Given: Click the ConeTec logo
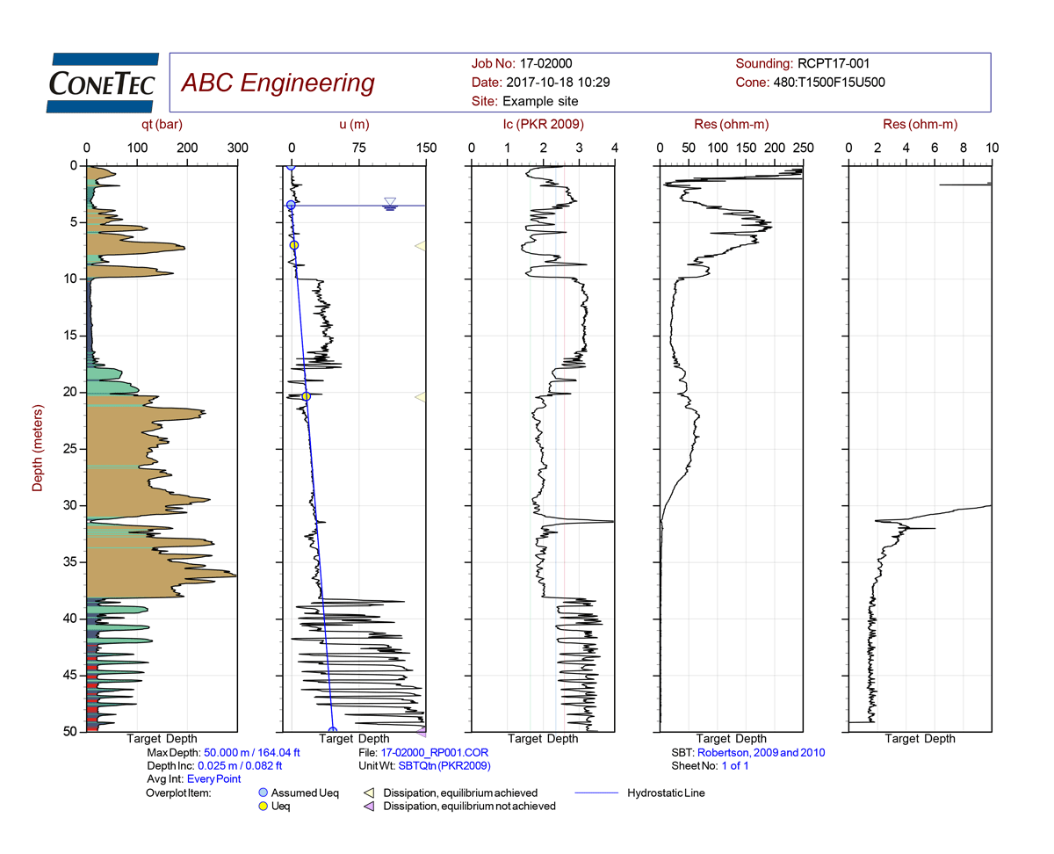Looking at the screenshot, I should pos(102,83).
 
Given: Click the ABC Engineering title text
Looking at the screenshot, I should pos(277,83).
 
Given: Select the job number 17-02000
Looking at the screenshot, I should pos(547,63).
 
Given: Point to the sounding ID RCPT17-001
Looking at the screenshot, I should pos(833,63).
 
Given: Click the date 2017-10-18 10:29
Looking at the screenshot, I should pos(556,83).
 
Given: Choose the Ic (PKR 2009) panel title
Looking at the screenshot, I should pos(543,125).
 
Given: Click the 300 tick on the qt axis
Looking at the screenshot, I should pos(237,148).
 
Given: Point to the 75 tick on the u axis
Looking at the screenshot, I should pos(358,148).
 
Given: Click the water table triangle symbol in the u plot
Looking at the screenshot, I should pos(390,202).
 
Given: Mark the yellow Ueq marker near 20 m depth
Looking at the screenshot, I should pos(306,397).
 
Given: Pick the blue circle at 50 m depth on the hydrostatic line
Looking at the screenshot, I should pos(332,731).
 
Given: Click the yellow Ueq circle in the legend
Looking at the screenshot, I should pos(261,807).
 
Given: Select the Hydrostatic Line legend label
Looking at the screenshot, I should pos(666,793).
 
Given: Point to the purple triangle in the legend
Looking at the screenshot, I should pos(369,807).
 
